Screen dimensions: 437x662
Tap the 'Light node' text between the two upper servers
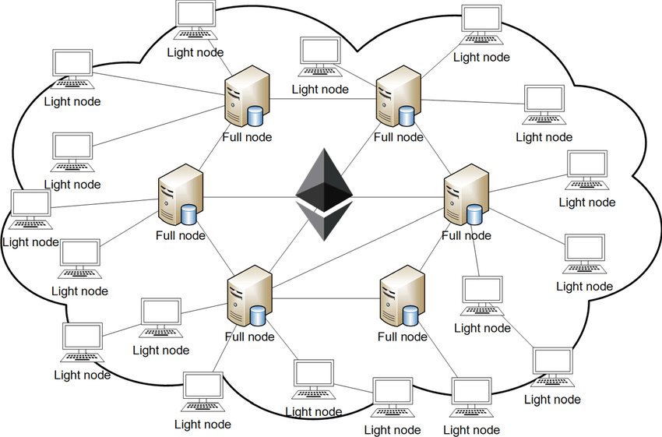point(320,89)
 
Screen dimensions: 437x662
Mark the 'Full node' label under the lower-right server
point(402,337)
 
